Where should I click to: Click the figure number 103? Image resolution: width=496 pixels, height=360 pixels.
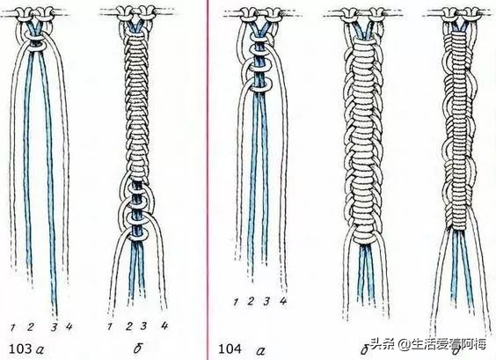pyautogui.click(x=20, y=349)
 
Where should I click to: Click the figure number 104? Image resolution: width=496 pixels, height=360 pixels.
pyautogui.click(x=230, y=349)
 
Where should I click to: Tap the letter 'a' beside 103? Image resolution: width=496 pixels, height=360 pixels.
pyautogui.click(x=40, y=350)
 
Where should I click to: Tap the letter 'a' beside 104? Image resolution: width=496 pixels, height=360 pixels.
pyautogui.click(x=260, y=350)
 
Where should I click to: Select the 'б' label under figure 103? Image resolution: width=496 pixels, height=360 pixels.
pyautogui.click(x=137, y=349)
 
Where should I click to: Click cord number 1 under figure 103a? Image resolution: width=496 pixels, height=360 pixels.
pyautogui.click(x=12, y=327)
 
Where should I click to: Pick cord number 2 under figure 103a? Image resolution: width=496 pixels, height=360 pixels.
pyautogui.click(x=31, y=327)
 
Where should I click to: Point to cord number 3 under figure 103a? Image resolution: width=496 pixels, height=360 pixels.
pyautogui.click(x=55, y=327)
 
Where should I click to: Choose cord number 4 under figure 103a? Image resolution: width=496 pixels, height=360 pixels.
pyautogui.click(x=69, y=327)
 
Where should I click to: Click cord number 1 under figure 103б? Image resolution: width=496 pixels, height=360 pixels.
pyautogui.click(x=110, y=327)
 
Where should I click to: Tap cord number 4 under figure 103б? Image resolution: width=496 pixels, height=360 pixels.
pyautogui.click(x=164, y=326)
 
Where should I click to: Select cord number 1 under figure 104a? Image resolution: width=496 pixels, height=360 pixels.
pyautogui.click(x=236, y=302)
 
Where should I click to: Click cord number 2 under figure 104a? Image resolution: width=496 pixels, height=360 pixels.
pyautogui.click(x=251, y=301)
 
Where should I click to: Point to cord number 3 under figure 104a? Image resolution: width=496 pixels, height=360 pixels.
pyautogui.click(x=266, y=301)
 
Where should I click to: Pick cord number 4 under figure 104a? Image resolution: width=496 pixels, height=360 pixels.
pyautogui.click(x=283, y=301)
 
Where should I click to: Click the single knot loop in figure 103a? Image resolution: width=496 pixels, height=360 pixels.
pyautogui.click(x=33, y=48)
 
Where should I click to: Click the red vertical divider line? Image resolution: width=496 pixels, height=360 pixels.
pyautogui.click(x=208, y=180)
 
